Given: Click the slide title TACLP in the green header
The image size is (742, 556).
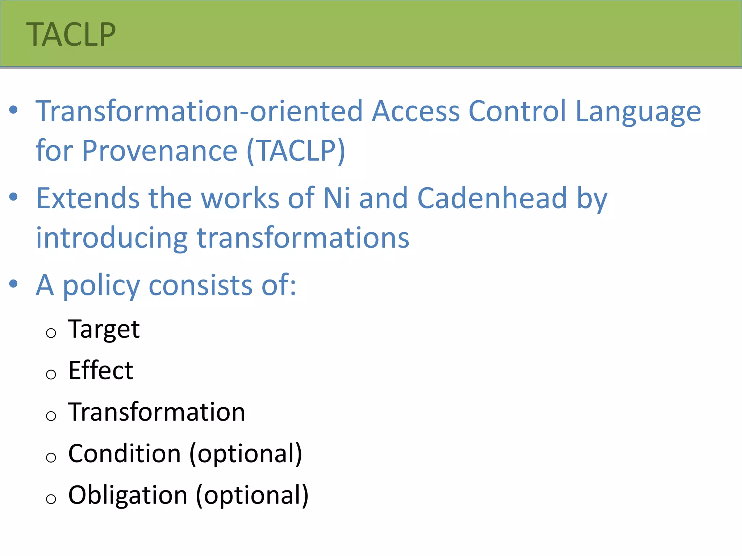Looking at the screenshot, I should coord(71,34).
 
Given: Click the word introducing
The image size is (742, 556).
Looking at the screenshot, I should coord(112,238).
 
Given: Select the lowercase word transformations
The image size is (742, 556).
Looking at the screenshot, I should coord(303,238).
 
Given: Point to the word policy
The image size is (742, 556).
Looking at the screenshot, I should coord(101,286).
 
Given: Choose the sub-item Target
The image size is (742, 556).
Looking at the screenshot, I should coord(104,329).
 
